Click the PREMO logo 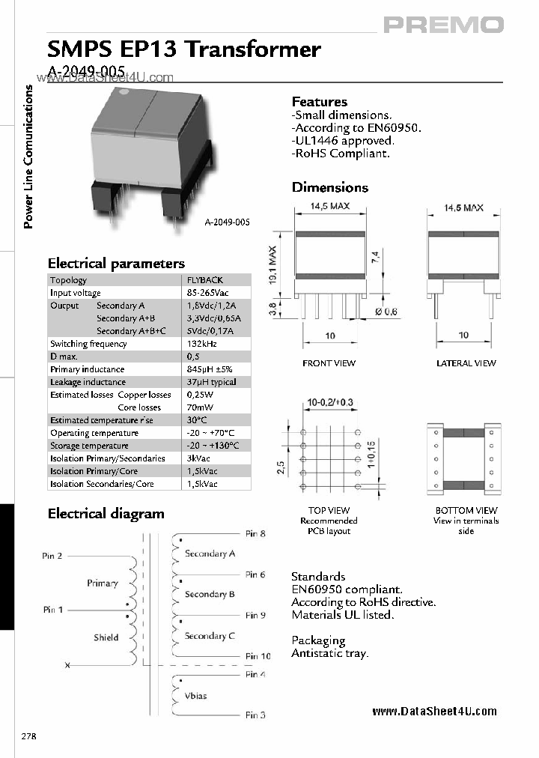coord(444,25)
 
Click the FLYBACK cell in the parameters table coord(205,280)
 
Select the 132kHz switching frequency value coord(201,344)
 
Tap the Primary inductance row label coord(87,369)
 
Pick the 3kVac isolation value coord(199,458)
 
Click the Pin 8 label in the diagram coord(255,534)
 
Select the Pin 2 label coord(52,556)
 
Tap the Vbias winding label coord(195,696)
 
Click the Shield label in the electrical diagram coord(106,637)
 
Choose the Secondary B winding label coord(210,594)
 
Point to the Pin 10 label coord(258,656)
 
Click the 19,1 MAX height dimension coord(273,264)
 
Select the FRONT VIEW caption coord(329,363)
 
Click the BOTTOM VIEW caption coord(466,510)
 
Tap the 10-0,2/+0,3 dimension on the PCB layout coord(330,403)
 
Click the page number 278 coord(29,736)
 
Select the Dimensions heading coord(330,187)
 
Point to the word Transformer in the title coord(252,50)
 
